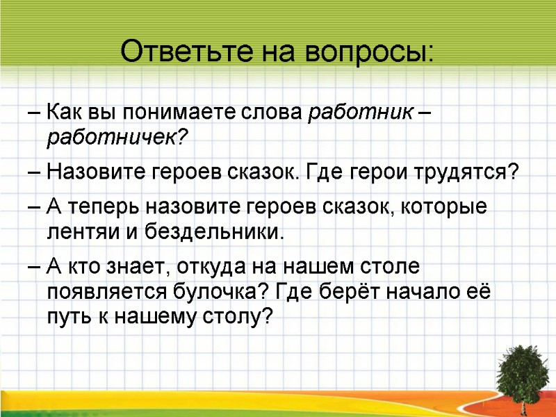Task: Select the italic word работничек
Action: click(117, 138)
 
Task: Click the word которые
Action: click(448, 206)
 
